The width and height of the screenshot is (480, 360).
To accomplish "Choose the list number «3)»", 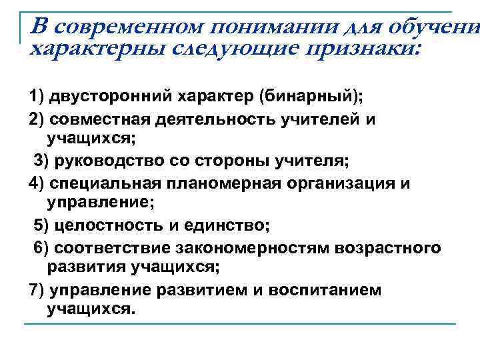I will [x=41, y=161].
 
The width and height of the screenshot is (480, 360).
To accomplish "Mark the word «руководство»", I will [x=107, y=161].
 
